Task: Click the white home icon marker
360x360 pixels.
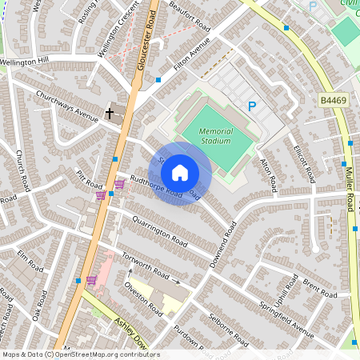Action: (x=180, y=172)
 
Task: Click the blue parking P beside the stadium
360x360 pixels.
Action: (x=252, y=106)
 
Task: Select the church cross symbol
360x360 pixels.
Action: (x=109, y=114)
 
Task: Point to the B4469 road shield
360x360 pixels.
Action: (x=334, y=100)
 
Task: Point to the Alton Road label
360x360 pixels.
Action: (x=268, y=172)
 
